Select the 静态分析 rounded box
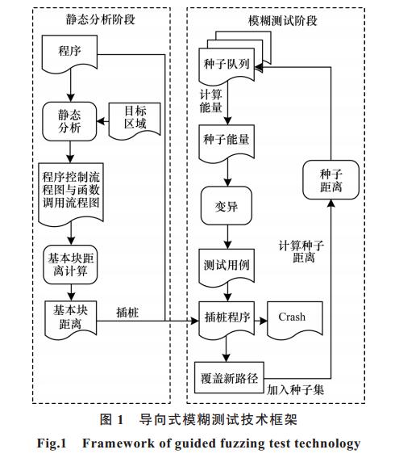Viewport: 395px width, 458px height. pos(69,121)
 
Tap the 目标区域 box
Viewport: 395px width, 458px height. pos(135,120)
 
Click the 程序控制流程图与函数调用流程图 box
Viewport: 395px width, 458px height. pos(71,194)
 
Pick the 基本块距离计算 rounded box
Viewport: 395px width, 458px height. pos(70,265)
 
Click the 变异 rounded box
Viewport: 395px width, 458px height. pos(227,206)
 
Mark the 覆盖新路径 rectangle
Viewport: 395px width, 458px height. pos(229,378)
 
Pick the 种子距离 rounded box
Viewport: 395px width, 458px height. pos(331,180)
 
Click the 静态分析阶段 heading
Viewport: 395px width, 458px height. pos(101,20)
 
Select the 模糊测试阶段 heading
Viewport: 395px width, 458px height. pos(282,21)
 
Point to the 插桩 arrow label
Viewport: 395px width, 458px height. pos(127,313)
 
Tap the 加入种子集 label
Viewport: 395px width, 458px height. pos(295,389)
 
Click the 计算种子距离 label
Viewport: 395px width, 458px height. pos(301,251)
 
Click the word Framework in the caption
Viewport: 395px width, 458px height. pos(118,443)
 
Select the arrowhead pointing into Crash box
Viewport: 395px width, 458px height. pos(264,321)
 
